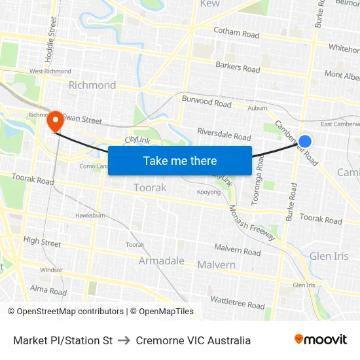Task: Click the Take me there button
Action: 180,160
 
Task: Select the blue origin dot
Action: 305,141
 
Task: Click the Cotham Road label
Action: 236,32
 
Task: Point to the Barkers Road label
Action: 238,67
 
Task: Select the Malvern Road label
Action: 238,250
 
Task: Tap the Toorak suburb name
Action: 150,188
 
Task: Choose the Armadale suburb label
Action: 161,261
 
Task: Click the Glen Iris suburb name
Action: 329,256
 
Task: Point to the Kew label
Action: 210,4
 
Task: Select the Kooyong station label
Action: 209,192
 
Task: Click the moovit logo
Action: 321,340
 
